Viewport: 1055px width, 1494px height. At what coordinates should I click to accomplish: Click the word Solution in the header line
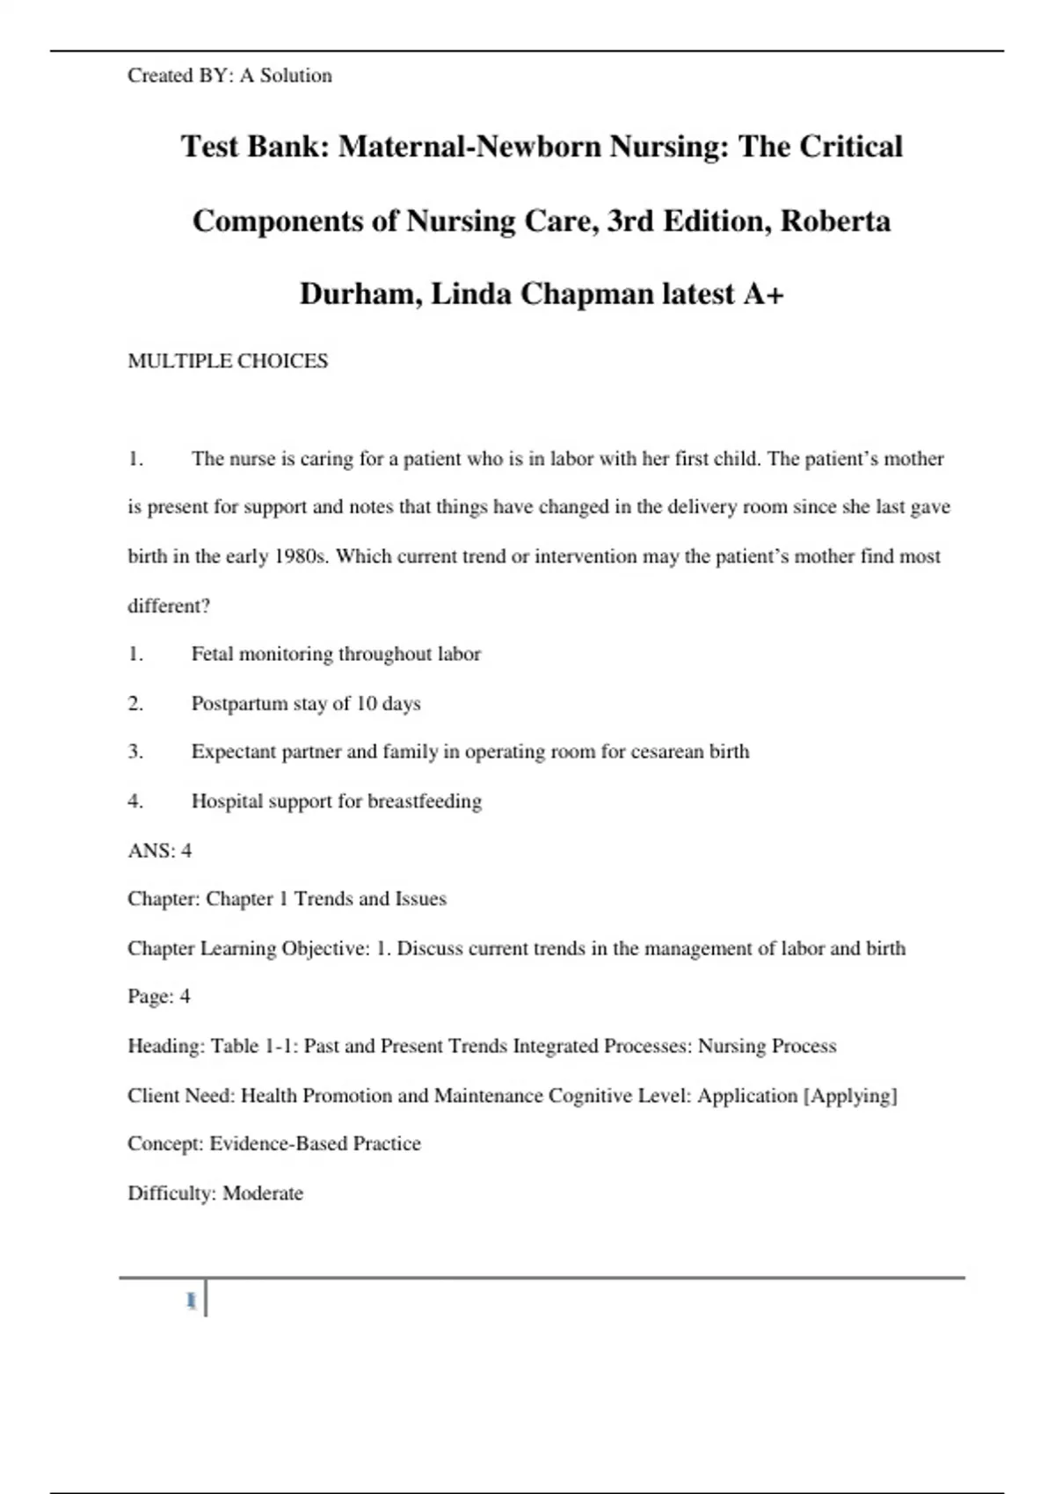[x=295, y=76]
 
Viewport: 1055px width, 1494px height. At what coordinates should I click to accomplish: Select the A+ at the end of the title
[x=762, y=294]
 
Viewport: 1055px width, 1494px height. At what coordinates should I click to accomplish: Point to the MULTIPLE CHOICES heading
[x=228, y=361]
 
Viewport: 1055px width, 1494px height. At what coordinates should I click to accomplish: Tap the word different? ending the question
[x=169, y=606]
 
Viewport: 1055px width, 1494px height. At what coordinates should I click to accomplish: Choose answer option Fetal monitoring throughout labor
[x=336, y=654]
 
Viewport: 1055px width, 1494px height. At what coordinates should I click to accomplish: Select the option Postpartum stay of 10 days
[x=306, y=703]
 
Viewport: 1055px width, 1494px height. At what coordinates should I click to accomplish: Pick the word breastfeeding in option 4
[x=425, y=801]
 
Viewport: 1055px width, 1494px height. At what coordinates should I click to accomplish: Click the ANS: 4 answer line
[x=159, y=850]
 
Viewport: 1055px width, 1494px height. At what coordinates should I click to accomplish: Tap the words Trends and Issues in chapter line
[x=370, y=898]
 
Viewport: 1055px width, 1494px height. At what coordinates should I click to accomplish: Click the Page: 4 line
[x=158, y=996]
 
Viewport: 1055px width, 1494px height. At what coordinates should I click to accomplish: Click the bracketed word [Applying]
[x=850, y=1095]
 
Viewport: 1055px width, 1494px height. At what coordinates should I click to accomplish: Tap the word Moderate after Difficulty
[x=263, y=1193]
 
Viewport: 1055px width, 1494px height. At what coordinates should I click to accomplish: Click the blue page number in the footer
[x=191, y=1301]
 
